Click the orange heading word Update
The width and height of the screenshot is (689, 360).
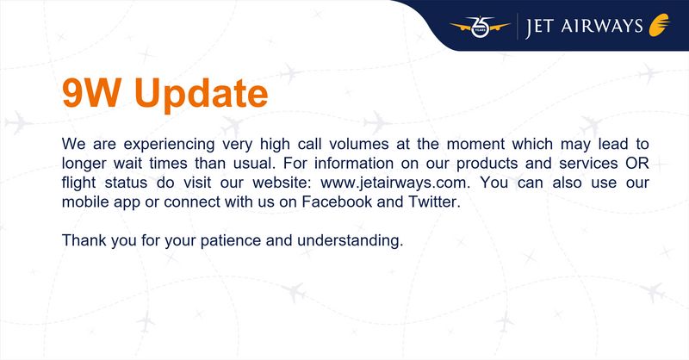(202, 94)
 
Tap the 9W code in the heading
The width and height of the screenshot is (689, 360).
(91, 92)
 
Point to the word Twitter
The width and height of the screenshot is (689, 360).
(434, 202)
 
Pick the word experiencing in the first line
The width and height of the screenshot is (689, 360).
(169, 145)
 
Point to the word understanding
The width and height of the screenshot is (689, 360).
(350, 241)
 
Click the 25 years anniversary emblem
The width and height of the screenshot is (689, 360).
(481, 27)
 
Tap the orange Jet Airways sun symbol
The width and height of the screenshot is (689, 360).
(660, 25)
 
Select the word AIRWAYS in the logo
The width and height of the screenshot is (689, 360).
(602, 26)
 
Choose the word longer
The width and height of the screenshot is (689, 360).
(84, 164)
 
